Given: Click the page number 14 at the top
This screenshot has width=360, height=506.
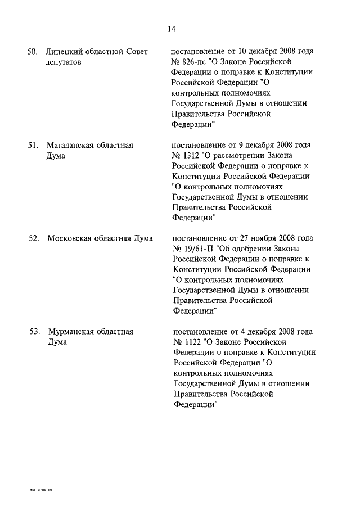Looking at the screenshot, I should coord(172,29).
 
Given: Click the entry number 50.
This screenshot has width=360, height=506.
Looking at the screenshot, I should coord(33,52).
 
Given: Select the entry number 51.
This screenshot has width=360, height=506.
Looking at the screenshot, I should coord(33,146).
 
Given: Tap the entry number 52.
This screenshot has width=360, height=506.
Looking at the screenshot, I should coord(33,238).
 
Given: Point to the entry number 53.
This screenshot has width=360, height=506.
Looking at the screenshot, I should coord(34,332).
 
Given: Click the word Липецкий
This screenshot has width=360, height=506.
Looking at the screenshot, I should coord(64,52).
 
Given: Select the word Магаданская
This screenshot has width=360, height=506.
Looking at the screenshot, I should coord(71,146).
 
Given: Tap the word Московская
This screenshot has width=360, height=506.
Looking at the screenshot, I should coord(69,238).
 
